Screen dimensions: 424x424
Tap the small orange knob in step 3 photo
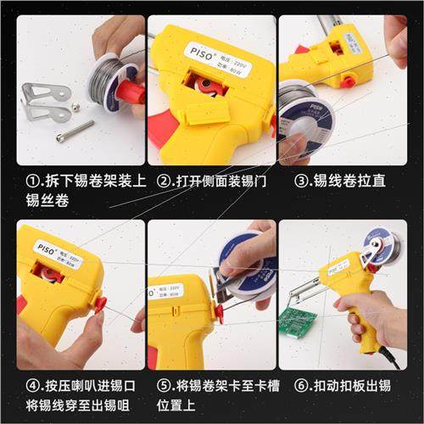pyautogui.click(x=348, y=81)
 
